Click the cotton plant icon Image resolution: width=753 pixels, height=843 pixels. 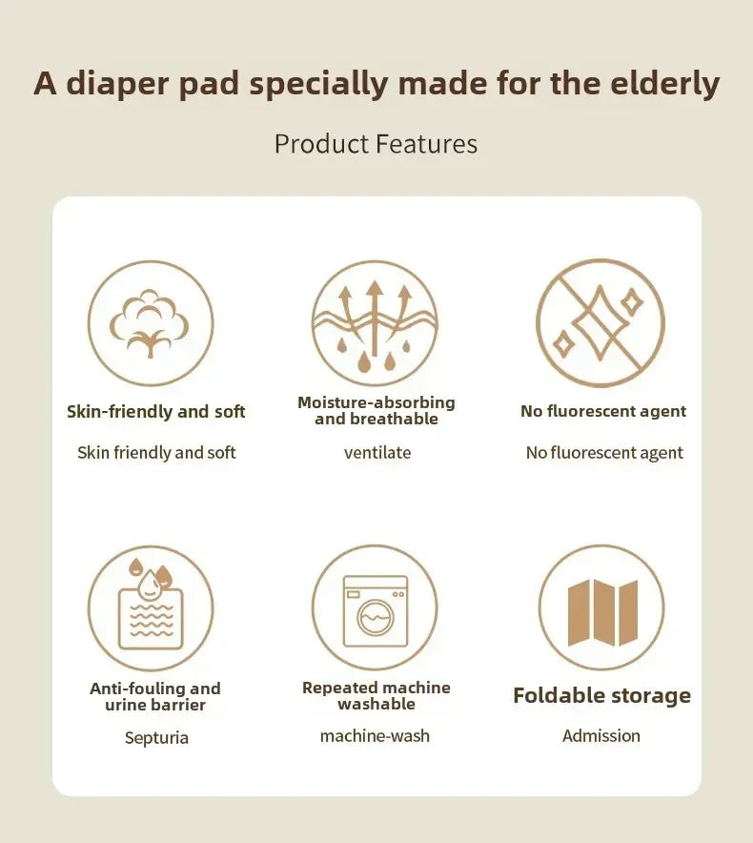151,323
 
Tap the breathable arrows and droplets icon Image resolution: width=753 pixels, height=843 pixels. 375,323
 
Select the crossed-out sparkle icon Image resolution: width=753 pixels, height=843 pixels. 600,323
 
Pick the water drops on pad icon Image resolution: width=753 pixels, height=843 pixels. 151,607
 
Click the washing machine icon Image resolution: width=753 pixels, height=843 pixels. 375,607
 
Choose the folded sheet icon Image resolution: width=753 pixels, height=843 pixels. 600,607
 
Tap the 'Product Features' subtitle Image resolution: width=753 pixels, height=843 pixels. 376,144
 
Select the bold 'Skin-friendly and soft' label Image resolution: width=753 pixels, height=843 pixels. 156,412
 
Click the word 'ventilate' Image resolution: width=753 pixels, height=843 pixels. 377,453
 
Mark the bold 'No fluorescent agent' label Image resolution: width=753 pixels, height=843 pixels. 603,412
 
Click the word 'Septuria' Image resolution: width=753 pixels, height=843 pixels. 156,737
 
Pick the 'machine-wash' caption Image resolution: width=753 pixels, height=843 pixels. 375,735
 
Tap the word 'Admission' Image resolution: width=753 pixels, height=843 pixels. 600,735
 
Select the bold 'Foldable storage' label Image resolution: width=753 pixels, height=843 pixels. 601,696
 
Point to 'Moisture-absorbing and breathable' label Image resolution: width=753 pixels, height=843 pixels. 376,411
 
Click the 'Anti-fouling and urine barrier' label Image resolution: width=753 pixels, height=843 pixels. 155,696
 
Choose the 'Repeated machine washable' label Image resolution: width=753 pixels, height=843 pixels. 376,695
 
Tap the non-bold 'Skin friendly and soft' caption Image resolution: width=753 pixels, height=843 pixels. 156,453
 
